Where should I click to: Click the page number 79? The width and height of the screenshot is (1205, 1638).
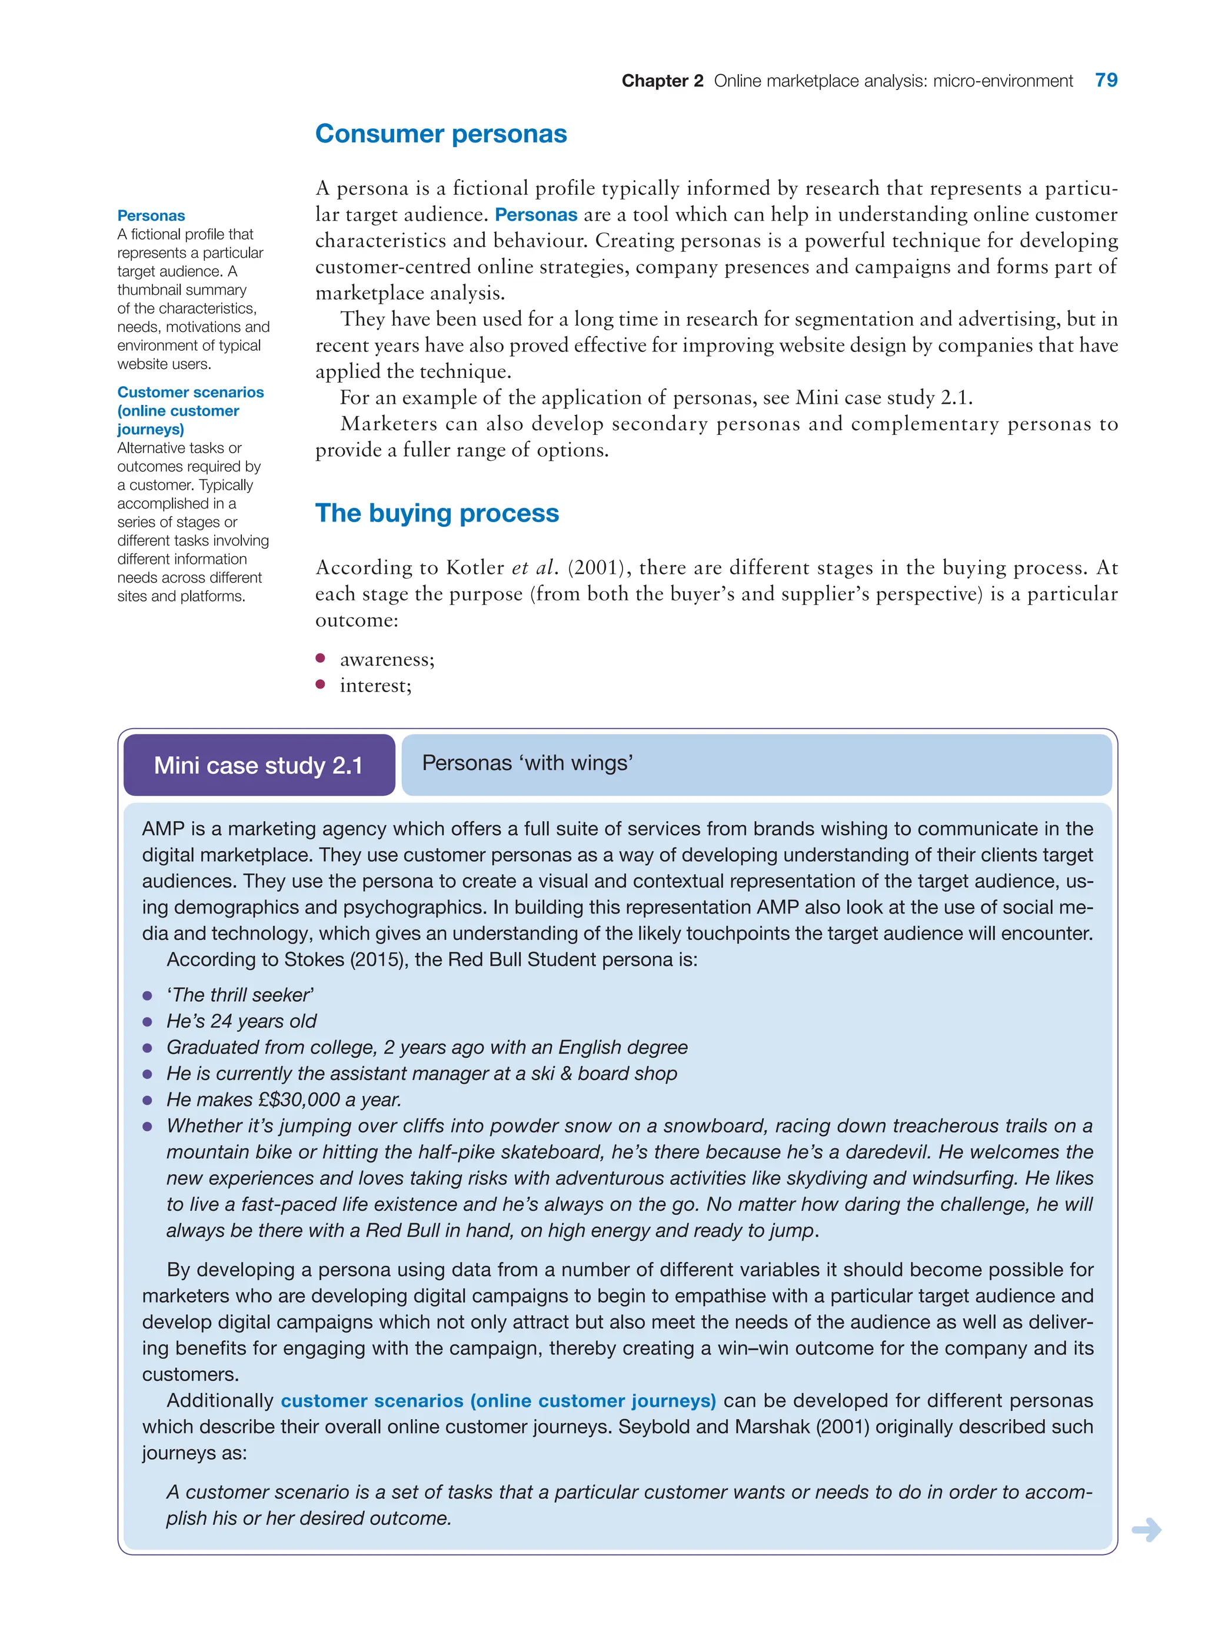pos(1106,80)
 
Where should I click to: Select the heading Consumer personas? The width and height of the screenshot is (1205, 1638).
pos(441,134)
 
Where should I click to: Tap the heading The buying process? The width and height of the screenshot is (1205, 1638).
pos(437,513)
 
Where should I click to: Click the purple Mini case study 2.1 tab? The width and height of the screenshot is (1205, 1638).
pos(259,765)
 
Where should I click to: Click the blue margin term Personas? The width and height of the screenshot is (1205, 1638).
pos(151,216)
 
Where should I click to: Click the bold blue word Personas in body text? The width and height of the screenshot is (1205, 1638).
pos(535,214)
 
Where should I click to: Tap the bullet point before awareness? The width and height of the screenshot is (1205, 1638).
pos(320,658)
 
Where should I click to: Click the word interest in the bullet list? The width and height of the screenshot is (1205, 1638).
pos(374,686)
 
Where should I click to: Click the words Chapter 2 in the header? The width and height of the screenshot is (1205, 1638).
pos(661,81)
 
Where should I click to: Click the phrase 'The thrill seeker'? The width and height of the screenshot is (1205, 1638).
pos(240,995)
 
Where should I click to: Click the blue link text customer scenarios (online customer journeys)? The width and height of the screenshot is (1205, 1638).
pos(498,1400)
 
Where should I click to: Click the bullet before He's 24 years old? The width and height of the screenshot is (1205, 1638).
pos(147,1022)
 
